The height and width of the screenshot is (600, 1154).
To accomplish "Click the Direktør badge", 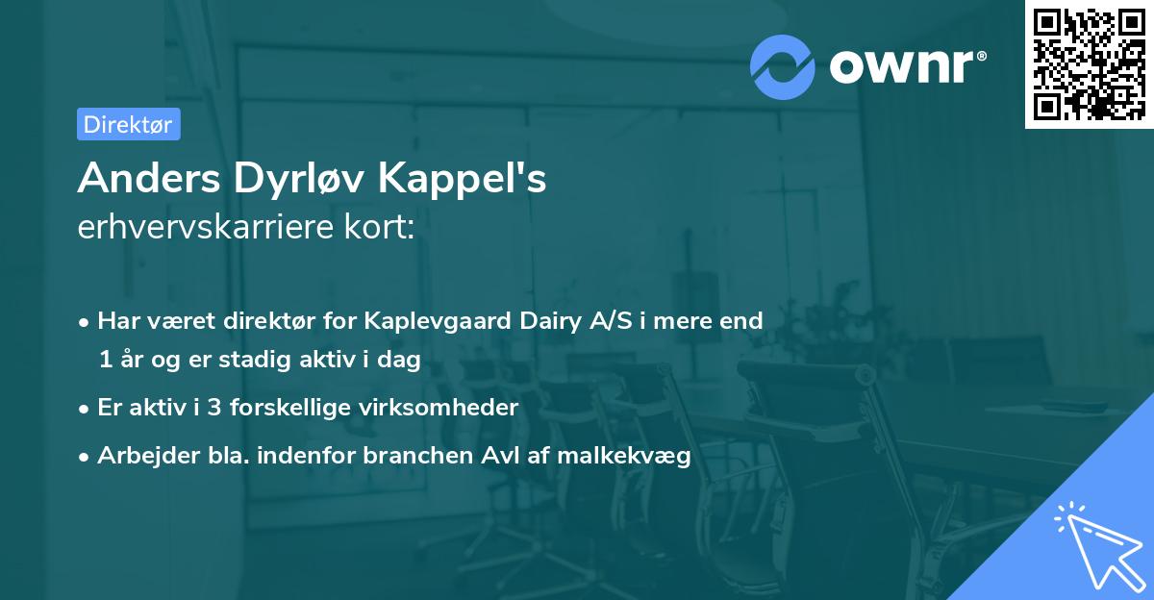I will tap(128, 124).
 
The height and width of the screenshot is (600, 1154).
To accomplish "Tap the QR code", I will tap(1089, 63).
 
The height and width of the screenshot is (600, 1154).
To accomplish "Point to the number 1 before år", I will tap(104, 360).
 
